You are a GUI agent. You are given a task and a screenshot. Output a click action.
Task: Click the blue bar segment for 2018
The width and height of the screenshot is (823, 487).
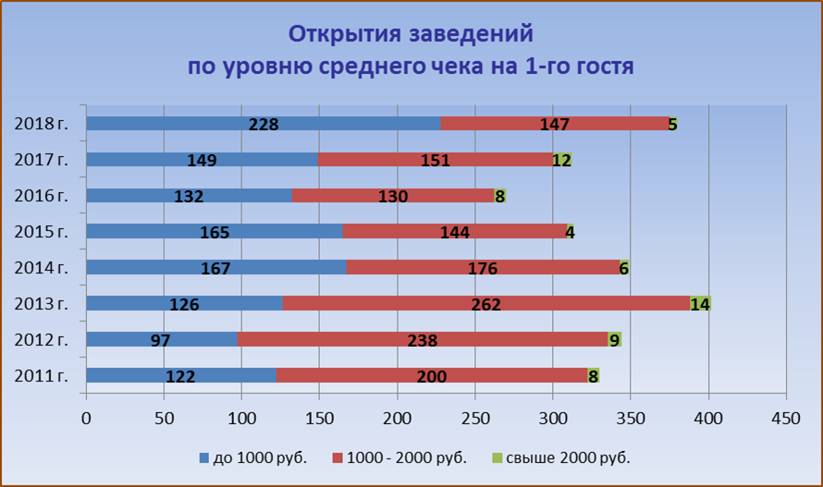tap(166, 124)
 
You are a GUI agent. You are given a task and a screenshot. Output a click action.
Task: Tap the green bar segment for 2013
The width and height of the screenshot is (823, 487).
tap(700, 303)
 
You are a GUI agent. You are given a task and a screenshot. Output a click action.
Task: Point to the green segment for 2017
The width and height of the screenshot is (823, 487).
tap(562, 160)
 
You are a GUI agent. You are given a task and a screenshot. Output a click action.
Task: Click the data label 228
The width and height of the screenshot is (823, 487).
tap(264, 124)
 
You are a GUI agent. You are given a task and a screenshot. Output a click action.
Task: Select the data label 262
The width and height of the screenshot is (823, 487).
tap(486, 304)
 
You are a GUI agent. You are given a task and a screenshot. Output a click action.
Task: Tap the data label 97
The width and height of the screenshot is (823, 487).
tap(161, 340)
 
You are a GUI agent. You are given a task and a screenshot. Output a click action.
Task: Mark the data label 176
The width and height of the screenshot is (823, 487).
tap(483, 268)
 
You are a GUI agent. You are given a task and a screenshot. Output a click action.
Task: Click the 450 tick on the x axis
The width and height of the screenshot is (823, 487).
tap(786, 417)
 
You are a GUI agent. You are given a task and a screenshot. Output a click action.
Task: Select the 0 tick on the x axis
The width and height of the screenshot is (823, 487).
tap(86, 417)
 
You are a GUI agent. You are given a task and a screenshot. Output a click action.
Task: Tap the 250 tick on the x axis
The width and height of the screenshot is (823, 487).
tap(475, 417)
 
